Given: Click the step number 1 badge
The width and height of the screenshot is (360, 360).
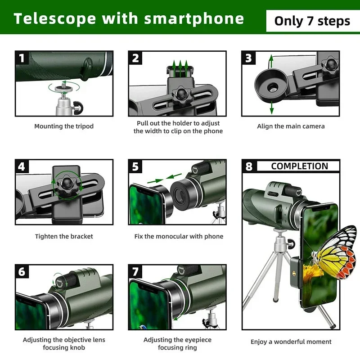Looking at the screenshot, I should coord(22,58).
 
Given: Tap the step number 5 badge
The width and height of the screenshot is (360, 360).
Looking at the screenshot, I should coord(135,166).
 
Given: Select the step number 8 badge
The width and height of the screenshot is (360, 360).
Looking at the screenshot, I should coord(249,166).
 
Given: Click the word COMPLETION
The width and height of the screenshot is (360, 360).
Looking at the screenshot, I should coord(300,166).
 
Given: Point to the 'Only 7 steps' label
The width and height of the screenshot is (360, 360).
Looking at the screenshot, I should coord(312,21).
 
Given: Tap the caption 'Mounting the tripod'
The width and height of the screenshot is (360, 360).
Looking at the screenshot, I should coord(64,126).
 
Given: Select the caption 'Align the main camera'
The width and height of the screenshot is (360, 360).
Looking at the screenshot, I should coord(291,126).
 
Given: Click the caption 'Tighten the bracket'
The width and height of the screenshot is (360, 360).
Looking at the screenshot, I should coord(64,236).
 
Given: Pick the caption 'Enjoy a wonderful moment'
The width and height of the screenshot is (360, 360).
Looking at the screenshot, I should coord(291,342).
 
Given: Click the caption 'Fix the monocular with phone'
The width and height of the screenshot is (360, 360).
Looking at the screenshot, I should coord(179,236).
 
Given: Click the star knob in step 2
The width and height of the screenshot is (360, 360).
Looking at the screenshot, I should coord(182,95).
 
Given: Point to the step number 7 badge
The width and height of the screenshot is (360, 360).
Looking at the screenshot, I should coord(135,271).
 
